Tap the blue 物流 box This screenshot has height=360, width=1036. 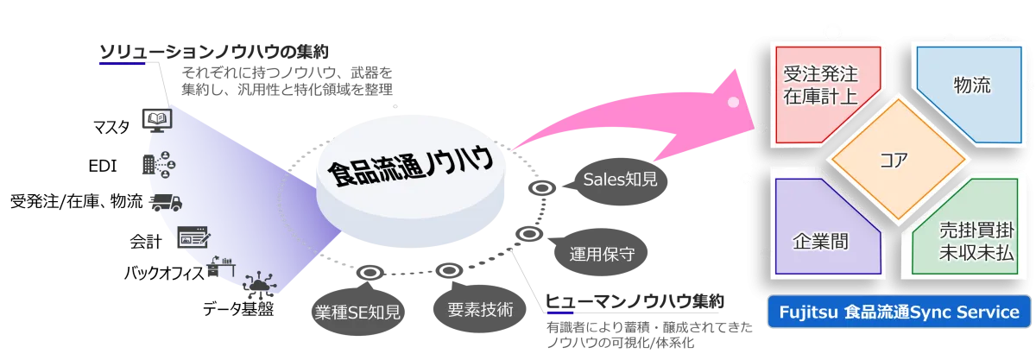tap(971, 86)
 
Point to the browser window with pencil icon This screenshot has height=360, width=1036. tap(192, 237)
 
